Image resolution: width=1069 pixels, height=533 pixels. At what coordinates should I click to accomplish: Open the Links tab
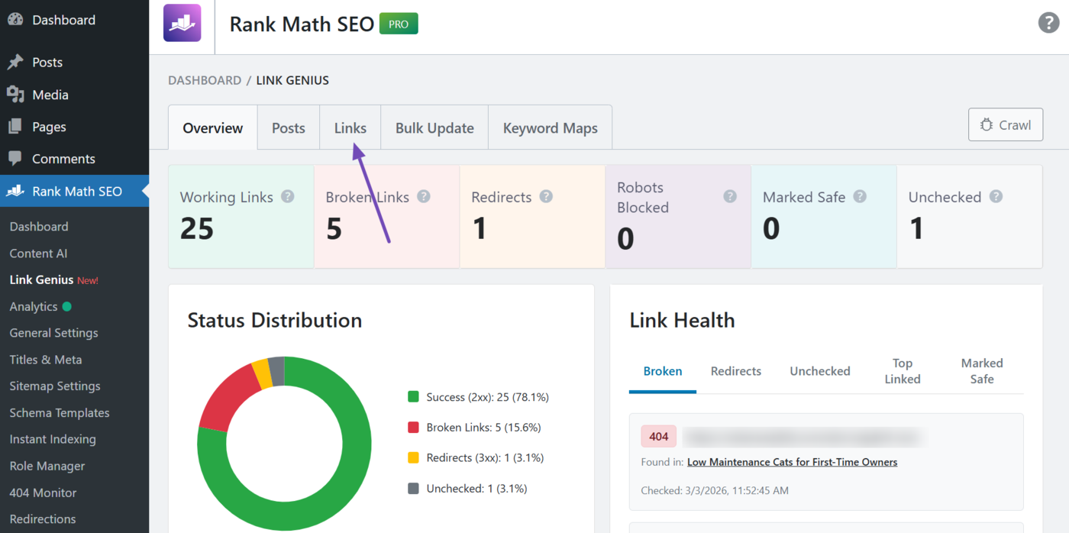(x=350, y=128)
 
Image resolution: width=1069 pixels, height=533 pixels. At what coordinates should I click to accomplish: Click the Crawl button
(x=1005, y=124)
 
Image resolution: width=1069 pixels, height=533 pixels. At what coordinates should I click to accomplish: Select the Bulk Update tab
(x=434, y=128)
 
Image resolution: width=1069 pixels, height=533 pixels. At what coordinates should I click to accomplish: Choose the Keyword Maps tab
(x=550, y=128)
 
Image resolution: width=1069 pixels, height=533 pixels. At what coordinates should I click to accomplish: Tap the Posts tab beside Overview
(x=288, y=128)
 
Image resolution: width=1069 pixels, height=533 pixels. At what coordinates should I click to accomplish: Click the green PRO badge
(x=399, y=24)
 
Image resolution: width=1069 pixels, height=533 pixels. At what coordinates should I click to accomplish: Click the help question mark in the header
(x=1048, y=23)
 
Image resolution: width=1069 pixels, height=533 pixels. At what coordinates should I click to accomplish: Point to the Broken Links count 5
(x=334, y=228)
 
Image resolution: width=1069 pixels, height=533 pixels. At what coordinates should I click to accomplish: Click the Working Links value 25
(x=196, y=228)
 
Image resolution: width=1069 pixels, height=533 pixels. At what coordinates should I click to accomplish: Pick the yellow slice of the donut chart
(x=262, y=373)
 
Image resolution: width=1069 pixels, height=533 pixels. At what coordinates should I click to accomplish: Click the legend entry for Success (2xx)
(x=479, y=397)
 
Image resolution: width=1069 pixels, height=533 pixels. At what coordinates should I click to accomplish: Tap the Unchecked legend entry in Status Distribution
(x=467, y=489)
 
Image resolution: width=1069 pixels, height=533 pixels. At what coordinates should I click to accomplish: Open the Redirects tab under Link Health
(x=735, y=371)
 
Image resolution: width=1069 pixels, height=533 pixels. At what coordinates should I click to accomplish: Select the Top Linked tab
(x=902, y=371)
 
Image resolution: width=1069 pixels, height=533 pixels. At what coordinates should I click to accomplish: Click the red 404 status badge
(x=658, y=437)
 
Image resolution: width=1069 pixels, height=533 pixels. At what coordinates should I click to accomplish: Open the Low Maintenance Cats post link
(x=792, y=462)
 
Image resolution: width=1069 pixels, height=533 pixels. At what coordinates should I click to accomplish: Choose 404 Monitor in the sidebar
(x=43, y=493)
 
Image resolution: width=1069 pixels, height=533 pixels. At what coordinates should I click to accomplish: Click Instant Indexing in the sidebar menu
(x=53, y=439)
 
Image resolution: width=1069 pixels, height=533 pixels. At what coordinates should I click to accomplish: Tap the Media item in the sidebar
(x=50, y=95)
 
